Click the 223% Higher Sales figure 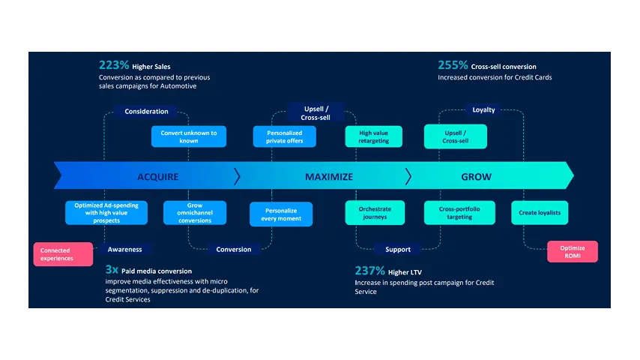[135, 66]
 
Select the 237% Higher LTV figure [387, 271]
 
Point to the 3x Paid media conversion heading [148, 270]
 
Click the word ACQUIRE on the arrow [157, 177]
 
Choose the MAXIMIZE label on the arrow [328, 177]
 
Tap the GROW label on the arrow [476, 177]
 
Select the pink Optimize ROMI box [573, 252]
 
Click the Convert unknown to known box [189, 136]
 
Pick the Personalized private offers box [284, 136]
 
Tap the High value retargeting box [374, 136]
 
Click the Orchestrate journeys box [375, 213]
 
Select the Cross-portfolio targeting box [459, 213]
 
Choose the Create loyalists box [540, 213]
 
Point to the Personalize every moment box [281, 214]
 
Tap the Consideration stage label [146, 112]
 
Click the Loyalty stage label [483, 110]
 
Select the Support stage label [398, 249]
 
